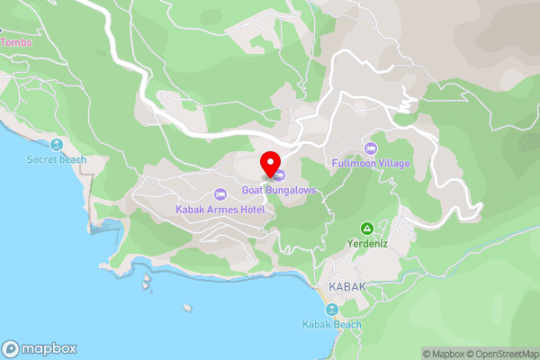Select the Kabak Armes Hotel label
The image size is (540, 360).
[x=220, y=210]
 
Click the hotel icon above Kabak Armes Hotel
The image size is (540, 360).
[x=220, y=195]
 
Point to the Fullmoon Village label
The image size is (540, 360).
[x=371, y=163]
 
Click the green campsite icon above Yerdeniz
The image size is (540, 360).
[x=366, y=229]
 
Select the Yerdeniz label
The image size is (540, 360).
[x=366, y=243]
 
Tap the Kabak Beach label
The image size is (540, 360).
[x=331, y=325]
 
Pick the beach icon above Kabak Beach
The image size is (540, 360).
[x=331, y=310]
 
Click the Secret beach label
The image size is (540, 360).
[x=57, y=159]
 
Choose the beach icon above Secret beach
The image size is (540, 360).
[x=57, y=145]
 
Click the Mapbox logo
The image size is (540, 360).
[x=39, y=349]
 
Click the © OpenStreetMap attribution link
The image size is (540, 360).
[x=502, y=354]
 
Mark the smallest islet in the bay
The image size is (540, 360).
[x=187, y=308]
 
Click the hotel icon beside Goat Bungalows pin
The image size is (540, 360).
[x=280, y=175]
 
